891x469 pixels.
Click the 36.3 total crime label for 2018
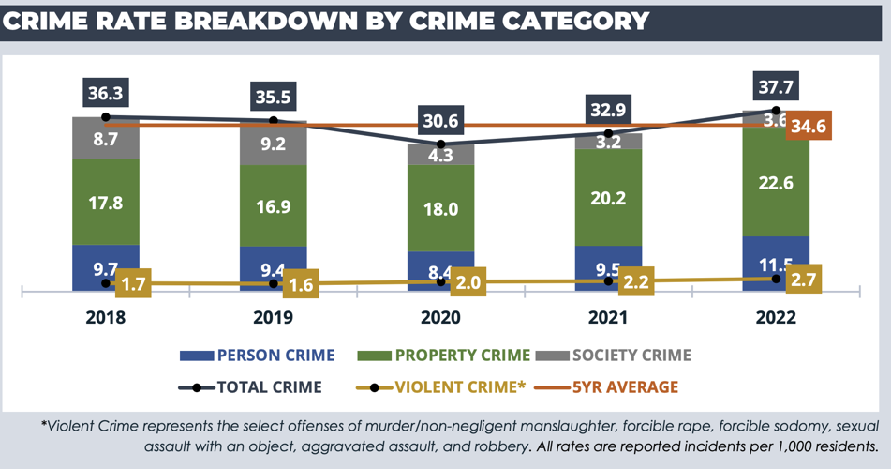pos(106,94)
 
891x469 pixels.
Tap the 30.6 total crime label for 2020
pos(440,122)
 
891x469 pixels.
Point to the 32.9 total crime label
pos(608,111)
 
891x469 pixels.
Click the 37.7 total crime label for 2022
pos(776,88)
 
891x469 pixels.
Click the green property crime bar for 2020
pos(440,208)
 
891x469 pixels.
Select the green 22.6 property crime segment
pos(776,183)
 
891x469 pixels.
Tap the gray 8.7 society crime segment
pos(106,138)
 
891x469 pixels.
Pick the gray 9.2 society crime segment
pos(274,144)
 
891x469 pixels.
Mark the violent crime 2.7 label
pos(800,280)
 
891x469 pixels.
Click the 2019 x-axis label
pos(274,317)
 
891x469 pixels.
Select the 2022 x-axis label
pos(776,317)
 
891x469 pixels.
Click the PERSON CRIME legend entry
pos(259,356)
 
